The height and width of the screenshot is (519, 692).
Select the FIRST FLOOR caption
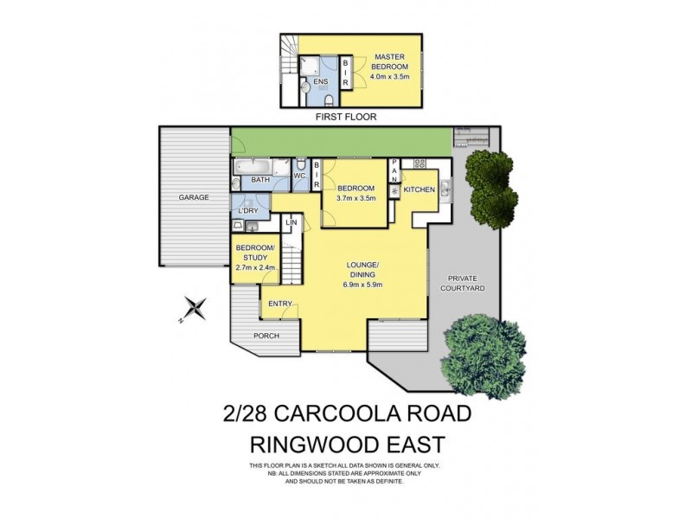347,116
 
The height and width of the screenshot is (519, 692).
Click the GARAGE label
194,197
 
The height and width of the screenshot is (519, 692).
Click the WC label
299,176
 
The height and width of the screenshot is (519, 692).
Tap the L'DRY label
248,211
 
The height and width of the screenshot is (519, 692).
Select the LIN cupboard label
292,223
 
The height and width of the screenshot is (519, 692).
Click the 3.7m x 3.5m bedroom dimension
356,198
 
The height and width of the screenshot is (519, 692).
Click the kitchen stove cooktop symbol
420,163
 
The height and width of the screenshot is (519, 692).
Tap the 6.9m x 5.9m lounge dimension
362,283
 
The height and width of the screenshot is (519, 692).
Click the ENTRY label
280,304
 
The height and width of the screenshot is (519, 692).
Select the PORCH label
266,336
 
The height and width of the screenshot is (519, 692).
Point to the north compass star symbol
196,306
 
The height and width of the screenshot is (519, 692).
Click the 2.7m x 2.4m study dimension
256,267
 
